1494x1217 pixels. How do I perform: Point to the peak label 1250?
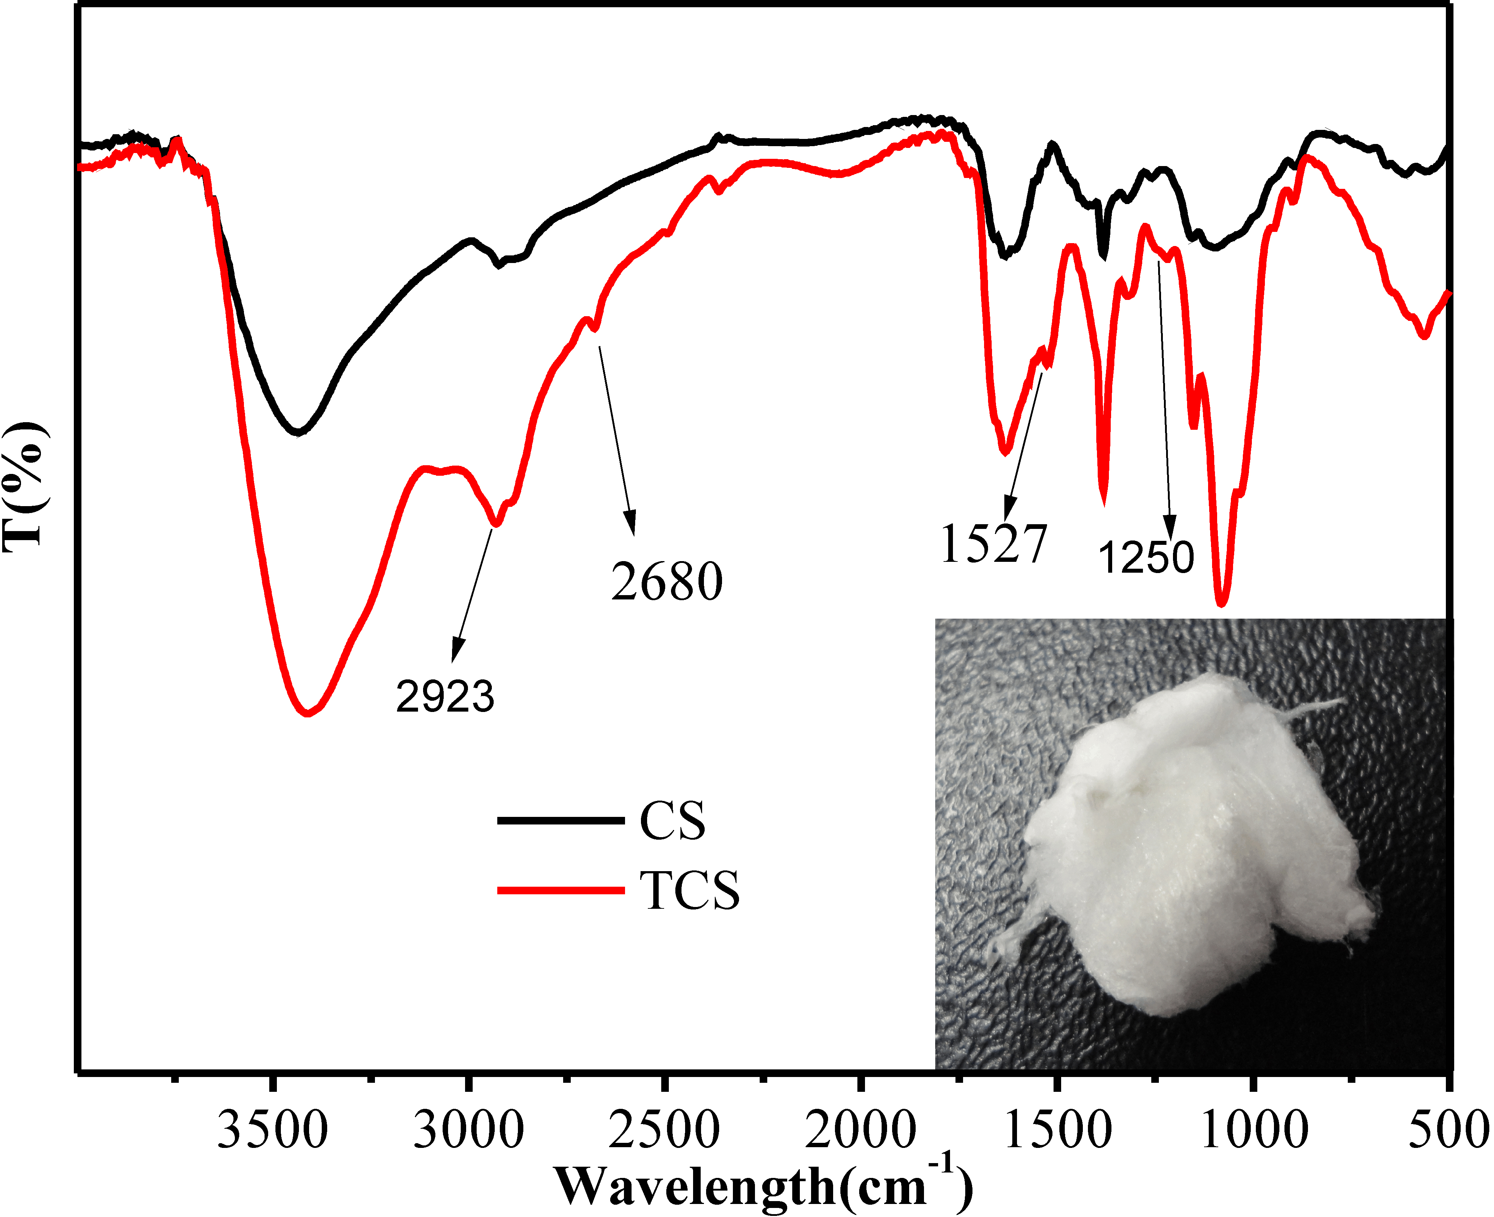pyautogui.click(x=1146, y=558)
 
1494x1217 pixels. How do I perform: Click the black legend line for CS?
pyautogui.click(x=560, y=820)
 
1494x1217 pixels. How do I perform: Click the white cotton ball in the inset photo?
pyautogui.click(x=1185, y=841)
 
